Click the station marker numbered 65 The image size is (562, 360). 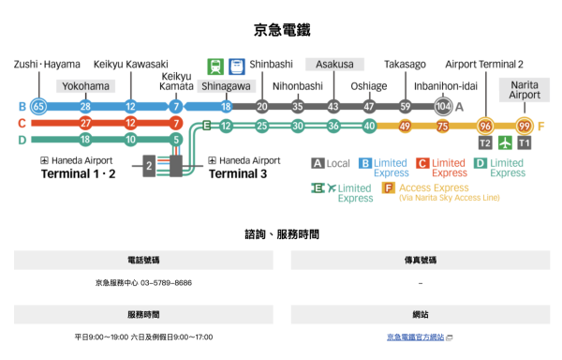[x=38, y=106]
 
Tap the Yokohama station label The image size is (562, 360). [x=85, y=86]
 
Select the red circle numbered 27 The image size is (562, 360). [x=85, y=123]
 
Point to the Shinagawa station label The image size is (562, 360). [x=226, y=86]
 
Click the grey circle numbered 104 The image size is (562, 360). [x=443, y=106]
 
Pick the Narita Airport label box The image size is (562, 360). [x=525, y=89]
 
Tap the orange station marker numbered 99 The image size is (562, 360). [x=525, y=126]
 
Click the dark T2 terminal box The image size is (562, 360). [x=484, y=142]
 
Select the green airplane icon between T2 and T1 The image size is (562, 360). [x=505, y=142]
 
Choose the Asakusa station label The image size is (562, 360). [x=334, y=64]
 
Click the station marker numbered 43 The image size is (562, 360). [x=333, y=106]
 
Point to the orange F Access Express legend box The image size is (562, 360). [x=389, y=188]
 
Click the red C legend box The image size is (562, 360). [x=422, y=164]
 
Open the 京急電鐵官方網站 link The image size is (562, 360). [x=415, y=337]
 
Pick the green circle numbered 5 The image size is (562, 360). [x=175, y=140]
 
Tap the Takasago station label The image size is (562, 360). [x=405, y=64]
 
